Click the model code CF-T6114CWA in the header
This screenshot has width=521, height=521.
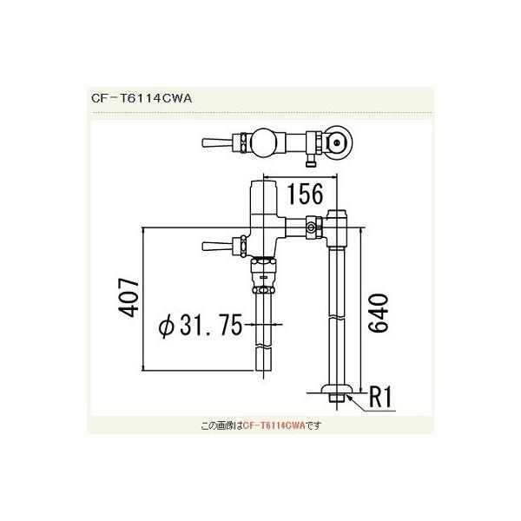pos(140,98)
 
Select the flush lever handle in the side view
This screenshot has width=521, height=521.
pos(212,247)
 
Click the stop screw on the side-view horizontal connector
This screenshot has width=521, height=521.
pos(311,228)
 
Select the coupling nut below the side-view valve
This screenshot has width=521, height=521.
pos(262,277)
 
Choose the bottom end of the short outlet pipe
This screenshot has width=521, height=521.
pos(263,379)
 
